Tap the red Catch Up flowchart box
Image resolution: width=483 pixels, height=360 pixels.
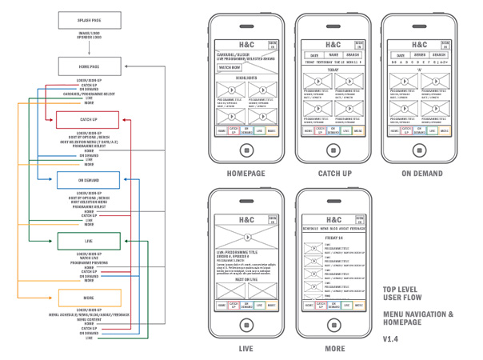(x=88, y=119)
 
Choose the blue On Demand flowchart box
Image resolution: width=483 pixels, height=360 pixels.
(x=88, y=179)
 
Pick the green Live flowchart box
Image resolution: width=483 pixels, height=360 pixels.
(x=88, y=239)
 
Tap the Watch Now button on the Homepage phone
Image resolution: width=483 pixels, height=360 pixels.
(x=230, y=69)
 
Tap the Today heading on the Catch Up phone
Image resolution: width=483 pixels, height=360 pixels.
(x=333, y=69)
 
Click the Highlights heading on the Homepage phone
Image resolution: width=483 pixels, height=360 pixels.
(x=246, y=78)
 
